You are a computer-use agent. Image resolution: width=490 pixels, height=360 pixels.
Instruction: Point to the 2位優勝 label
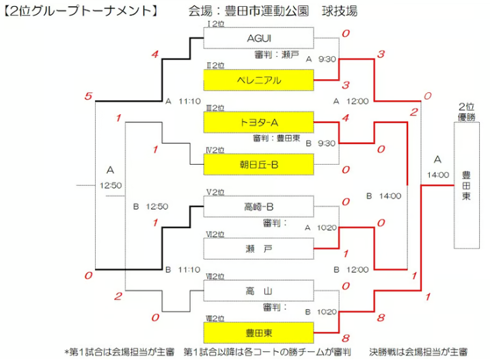click(467, 111)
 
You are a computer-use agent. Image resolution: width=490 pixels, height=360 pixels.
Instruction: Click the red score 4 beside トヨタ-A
click(346, 117)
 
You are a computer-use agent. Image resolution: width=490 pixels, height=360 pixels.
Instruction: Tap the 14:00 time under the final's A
click(438, 175)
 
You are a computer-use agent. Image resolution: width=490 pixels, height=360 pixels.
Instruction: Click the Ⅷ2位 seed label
click(215, 318)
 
